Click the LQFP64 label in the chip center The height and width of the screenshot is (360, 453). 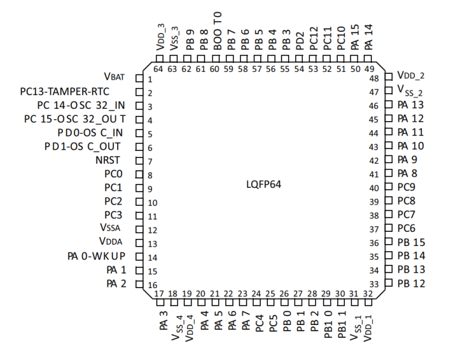[263, 185]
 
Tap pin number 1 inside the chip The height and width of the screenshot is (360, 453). [149, 80]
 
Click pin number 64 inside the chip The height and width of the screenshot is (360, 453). [159, 69]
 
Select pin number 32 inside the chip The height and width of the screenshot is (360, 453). [368, 294]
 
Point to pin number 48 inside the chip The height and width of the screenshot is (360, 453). [373, 78]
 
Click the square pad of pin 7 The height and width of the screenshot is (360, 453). [138, 162]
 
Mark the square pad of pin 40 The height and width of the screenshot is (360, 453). [388, 188]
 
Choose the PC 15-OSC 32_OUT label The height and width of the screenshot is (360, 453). [74, 120]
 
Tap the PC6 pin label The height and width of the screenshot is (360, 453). [406, 229]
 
